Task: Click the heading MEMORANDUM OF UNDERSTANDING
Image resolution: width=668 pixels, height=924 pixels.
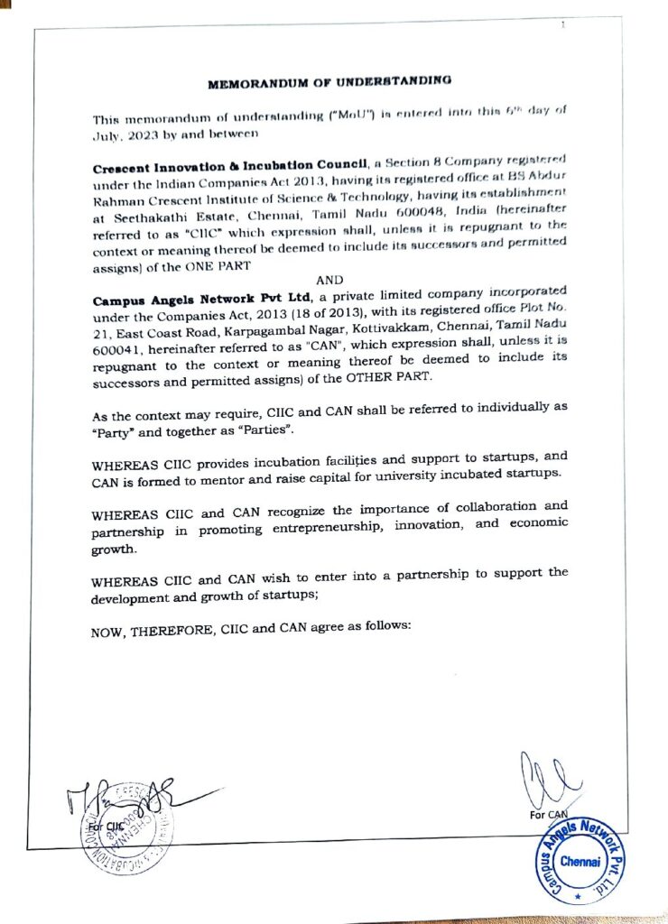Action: pos(329,83)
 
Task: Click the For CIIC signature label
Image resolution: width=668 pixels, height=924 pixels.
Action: pos(106,826)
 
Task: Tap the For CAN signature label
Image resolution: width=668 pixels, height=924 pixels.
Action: pos(548,815)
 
